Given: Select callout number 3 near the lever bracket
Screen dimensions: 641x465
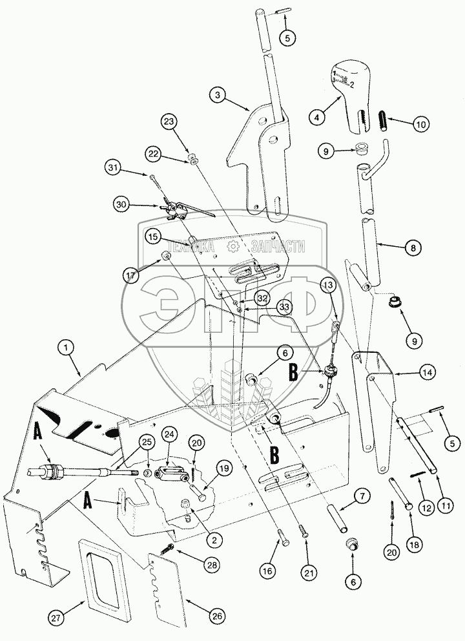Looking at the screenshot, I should pyautogui.click(x=220, y=94).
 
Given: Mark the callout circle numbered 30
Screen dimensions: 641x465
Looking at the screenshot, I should pyautogui.click(x=122, y=204).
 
